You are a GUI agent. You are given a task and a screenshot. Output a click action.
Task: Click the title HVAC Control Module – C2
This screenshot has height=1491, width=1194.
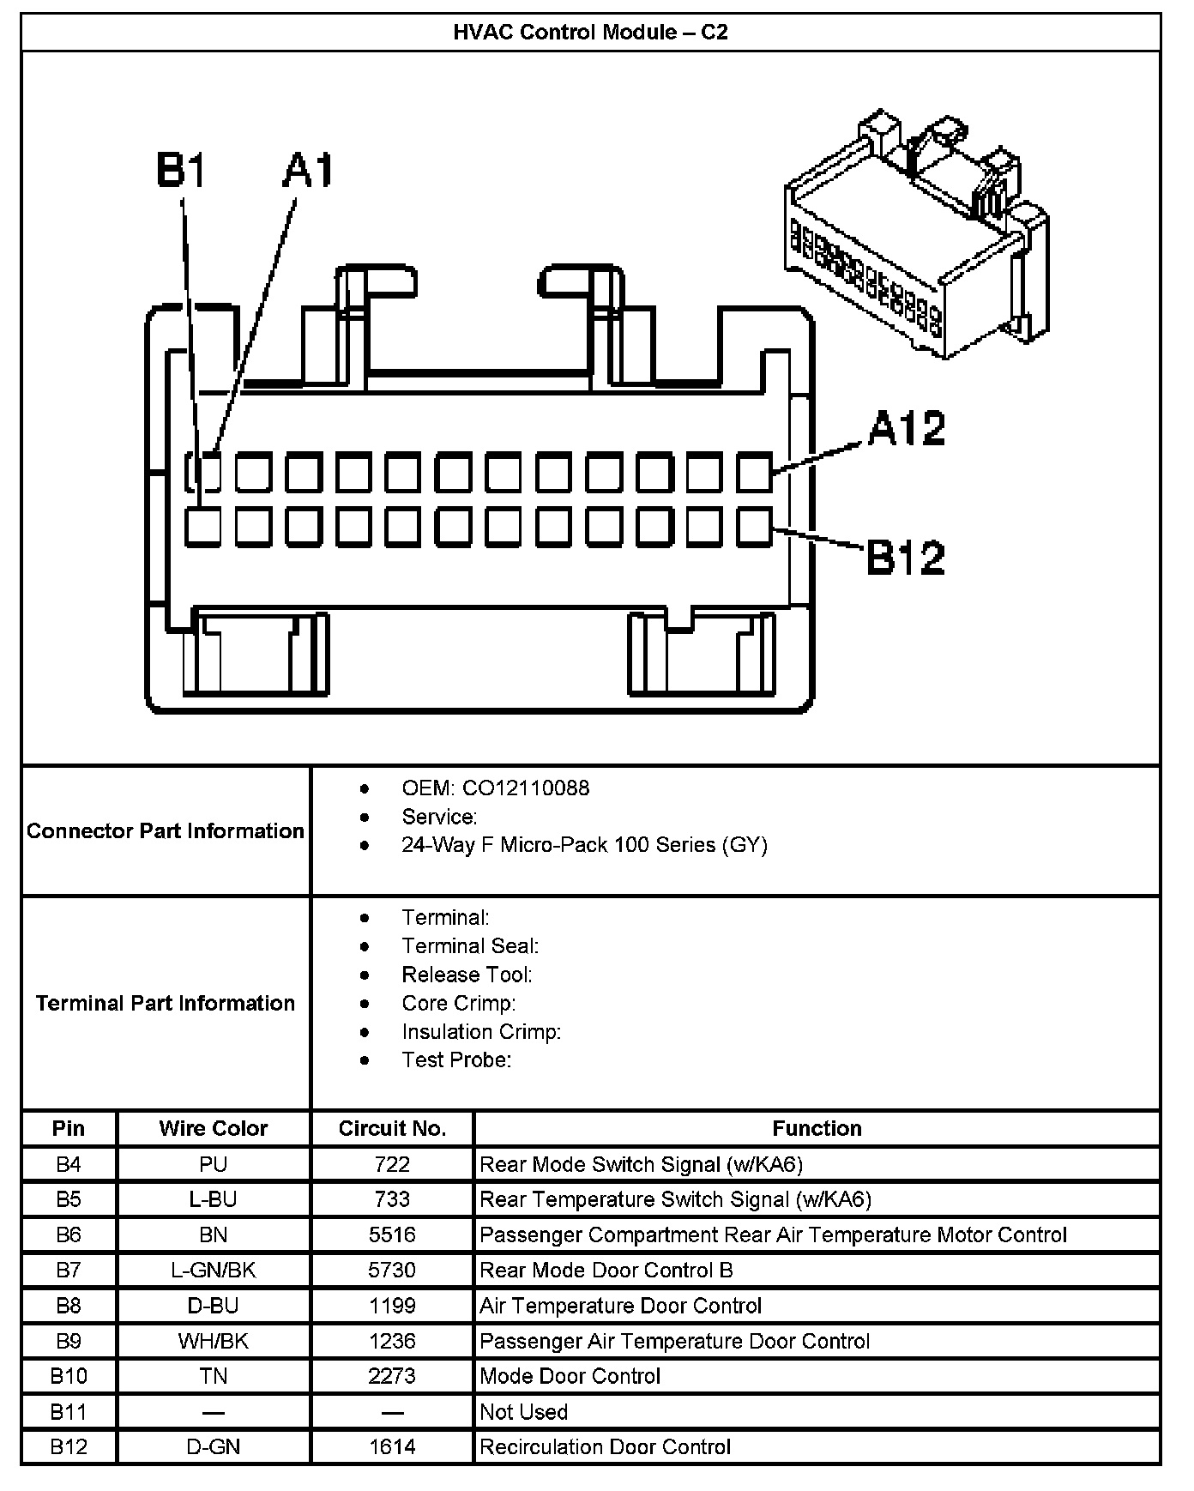click(x=590, y=33)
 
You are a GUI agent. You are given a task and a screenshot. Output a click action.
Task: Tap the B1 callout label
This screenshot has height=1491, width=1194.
click(x=182, y=170)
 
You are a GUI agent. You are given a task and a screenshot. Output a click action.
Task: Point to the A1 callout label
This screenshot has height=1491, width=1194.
click(x=308, y=170)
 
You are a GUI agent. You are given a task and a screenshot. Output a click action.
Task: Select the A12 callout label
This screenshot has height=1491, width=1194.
click(x=906, y=429)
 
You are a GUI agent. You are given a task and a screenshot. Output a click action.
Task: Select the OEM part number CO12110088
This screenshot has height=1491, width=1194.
click(x=525, y=788)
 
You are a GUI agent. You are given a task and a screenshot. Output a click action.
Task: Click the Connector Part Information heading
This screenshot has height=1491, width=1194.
click(x=166, y=830)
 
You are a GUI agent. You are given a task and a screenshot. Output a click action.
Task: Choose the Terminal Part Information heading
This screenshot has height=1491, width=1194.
click(x=166, y=1003)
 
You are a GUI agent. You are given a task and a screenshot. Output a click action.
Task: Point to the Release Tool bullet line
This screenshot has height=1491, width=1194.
click(x=467, y=975)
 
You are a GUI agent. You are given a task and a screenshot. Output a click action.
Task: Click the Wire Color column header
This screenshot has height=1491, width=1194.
click(x=214, y=1128)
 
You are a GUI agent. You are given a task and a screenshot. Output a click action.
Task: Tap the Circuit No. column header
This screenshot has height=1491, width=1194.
click(x=392, y=1128)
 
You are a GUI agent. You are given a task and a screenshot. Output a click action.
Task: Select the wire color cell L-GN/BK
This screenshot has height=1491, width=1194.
click(x=214, y=1270)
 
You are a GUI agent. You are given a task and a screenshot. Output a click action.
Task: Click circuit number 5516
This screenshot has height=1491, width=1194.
click(x=392, y=1234)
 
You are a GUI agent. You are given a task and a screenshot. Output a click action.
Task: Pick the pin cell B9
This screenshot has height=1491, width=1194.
click(x=69, y=1341)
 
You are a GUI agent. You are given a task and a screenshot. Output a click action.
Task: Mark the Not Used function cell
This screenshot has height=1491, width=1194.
click(x=523, y=1411)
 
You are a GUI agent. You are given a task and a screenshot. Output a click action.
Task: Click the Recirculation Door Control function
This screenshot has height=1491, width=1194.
click(x=605, y=1446)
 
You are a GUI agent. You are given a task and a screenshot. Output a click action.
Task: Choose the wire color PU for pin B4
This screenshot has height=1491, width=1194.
click(x=214, y=1164)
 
